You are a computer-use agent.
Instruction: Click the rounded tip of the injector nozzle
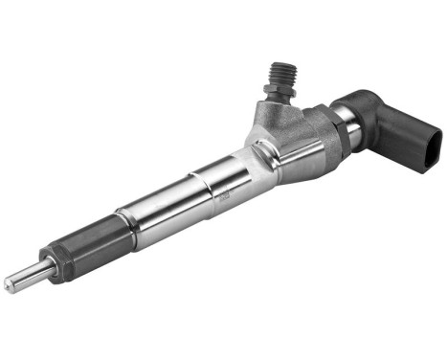tap(8, 284)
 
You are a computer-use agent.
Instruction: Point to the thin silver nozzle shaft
tap(24, 276)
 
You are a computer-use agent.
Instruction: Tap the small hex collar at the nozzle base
tap(47, 261)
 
